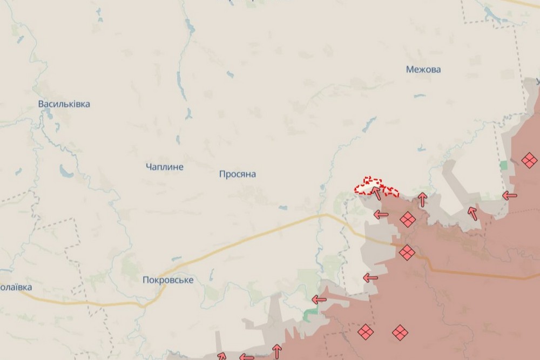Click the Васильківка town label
64,104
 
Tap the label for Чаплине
165,167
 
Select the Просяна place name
238,174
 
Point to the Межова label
423,70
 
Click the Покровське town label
168,280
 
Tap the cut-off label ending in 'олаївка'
16,287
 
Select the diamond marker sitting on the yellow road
407,252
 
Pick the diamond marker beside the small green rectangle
529,160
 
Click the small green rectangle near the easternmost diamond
504,165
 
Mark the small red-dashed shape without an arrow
391,192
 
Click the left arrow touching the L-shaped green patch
319,300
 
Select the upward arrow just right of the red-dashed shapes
422,200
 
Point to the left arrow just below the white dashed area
381,215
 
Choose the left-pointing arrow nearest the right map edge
509,196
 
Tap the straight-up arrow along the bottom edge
276,351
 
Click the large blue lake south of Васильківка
68,172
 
